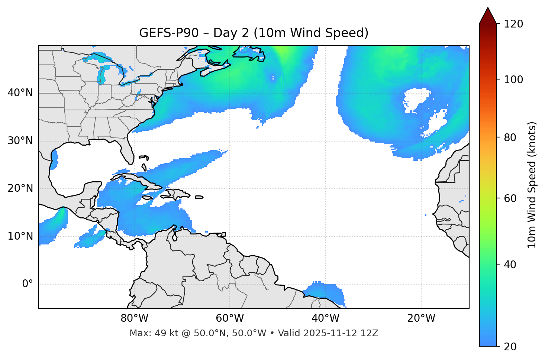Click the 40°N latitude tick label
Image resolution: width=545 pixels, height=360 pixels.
20,93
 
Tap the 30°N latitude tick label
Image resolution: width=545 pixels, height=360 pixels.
20,141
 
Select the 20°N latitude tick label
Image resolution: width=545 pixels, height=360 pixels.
20,188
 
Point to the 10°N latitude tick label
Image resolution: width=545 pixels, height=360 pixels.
20,236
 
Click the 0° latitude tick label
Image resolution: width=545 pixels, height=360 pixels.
28,284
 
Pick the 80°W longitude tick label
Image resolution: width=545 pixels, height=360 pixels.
134,318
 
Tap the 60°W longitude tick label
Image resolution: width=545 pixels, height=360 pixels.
230,318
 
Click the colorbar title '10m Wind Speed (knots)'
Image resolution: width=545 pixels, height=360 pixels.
532,185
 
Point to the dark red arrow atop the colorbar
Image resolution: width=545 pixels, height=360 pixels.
488,16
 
